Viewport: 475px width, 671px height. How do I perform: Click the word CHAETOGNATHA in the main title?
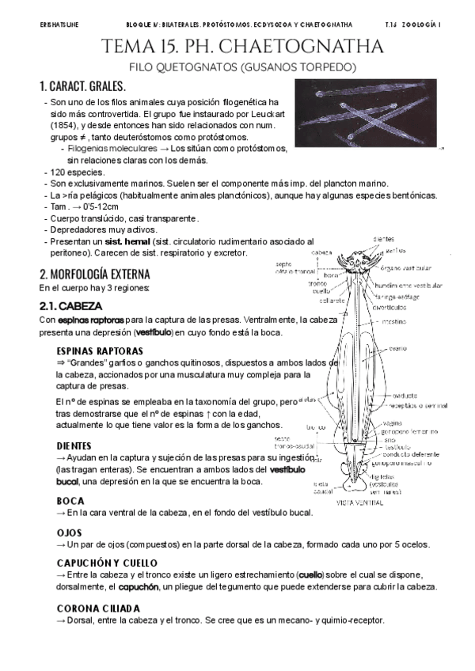tap(313, 47)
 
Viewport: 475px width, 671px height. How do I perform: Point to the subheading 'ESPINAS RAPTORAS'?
tap(100, 350)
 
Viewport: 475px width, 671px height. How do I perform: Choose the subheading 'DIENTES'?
tap(74, 445)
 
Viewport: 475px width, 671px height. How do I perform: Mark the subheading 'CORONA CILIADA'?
tap(98, 608)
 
